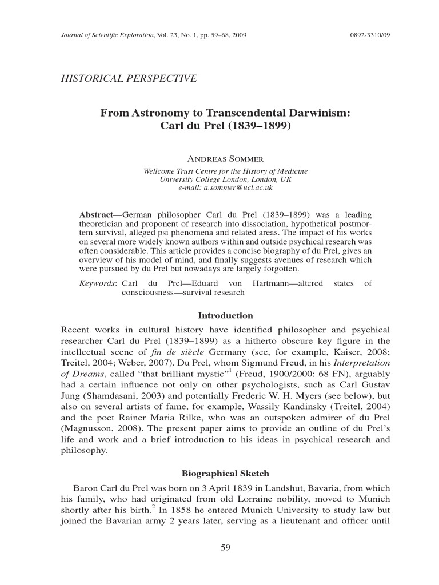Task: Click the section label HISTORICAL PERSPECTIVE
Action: point(129,78)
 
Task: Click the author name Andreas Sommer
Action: point(225,158)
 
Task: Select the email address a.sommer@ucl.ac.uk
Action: point(225,187)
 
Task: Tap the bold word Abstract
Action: point(95,215)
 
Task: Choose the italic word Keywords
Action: point(97,283)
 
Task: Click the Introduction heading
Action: point(225,315)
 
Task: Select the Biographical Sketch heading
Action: point(225,474)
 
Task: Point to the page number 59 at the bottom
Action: point(225,548)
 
